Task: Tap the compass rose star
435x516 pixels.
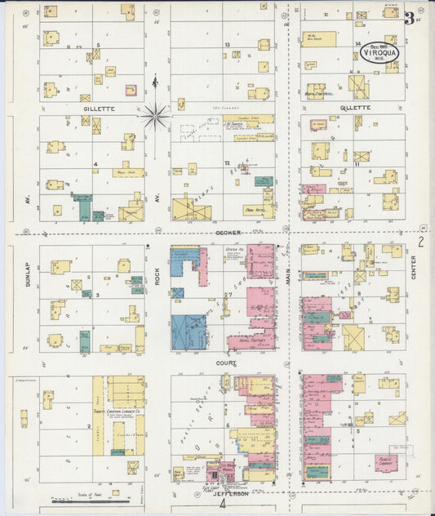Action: click(x=154, y=116)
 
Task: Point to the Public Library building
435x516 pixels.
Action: click(x=387, y=463)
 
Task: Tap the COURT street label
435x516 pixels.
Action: click(x=227, y=363)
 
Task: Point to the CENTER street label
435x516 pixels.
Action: click(x=414, y=266)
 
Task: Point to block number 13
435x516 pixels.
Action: click(x=227, y=44)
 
